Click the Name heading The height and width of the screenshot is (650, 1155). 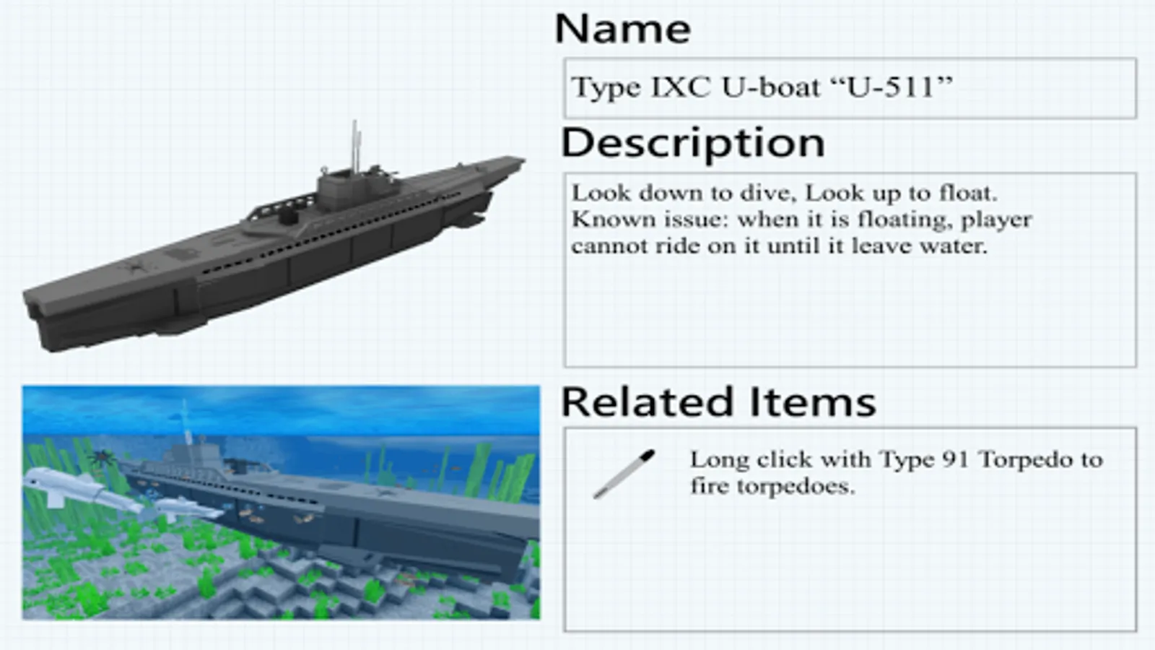622,30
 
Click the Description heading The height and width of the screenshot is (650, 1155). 692,144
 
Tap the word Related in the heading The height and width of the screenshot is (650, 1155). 647,402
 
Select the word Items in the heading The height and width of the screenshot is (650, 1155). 811,402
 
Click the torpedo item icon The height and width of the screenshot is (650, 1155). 624,474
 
